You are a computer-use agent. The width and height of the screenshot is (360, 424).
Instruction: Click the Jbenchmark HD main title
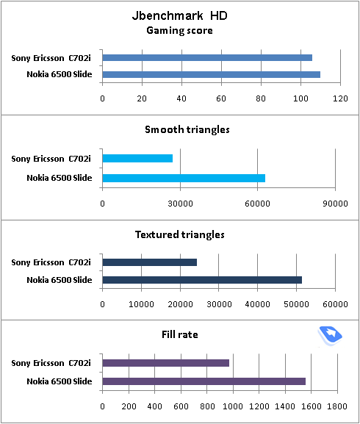pos(180,15)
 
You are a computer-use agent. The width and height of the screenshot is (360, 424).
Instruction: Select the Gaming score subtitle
pos(180,31)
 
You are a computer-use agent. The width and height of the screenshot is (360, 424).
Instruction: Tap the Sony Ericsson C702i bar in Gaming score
pos(207,57)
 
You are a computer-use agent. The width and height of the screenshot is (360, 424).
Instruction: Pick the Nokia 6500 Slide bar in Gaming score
pos(212,74)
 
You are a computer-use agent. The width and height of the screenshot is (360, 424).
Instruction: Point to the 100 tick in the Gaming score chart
pos(300,98)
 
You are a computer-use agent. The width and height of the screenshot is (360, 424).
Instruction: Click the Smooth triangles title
pos(187,130)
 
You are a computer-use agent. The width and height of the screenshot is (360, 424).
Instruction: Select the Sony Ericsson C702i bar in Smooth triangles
pos(137,158)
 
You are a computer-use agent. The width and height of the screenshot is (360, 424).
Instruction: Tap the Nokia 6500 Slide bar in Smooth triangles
pos(184,179)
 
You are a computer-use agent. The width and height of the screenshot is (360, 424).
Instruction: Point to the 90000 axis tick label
pos(335,204)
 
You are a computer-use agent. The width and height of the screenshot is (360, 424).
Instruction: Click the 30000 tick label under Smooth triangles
pos(180,204)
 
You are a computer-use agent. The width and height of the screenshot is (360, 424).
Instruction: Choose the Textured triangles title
pos(180,234)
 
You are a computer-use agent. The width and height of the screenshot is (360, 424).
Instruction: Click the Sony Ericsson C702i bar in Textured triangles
pos(150,262)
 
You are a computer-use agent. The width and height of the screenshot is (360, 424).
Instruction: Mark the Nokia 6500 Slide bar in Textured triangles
pos(202,280)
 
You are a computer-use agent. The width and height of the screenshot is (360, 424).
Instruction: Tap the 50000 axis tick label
pos(296,304)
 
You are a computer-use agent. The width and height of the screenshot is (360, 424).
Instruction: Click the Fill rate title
pos(180,335)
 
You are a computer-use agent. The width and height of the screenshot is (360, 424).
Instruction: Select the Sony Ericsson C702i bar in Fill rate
pos(166,363)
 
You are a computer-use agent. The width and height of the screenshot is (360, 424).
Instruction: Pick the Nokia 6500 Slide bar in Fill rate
pos(204,381)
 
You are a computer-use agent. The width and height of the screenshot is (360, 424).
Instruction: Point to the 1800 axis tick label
pos(337,406)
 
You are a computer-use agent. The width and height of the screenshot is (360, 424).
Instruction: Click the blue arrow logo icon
pos(330,336)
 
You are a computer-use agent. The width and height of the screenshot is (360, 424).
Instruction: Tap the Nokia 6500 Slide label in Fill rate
pos(60,381)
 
